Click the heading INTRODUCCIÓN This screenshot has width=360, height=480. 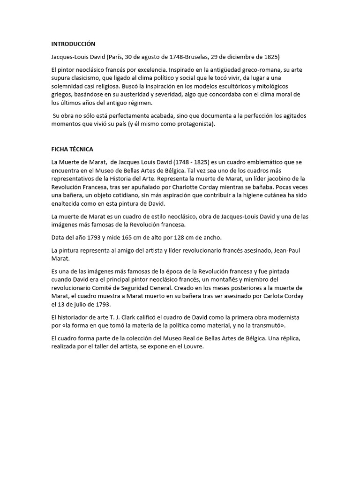[x=73, y=44]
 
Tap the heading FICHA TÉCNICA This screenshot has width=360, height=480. [x=72, y=149]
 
